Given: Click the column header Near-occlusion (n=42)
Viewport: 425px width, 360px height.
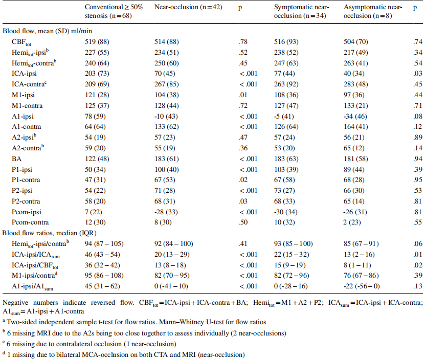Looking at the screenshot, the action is tap(188, 7).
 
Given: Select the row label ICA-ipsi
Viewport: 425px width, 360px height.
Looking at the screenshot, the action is tap(24, 74).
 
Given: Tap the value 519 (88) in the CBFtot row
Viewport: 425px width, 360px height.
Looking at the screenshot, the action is tap(97, 42).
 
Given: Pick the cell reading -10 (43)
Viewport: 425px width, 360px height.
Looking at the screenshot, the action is tap(166, 116).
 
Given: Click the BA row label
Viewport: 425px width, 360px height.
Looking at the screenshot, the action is tap(16, 159).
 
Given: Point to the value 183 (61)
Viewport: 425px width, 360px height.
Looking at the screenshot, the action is tap(166, 159).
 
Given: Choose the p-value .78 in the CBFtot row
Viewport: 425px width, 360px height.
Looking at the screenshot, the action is tap(243, 42).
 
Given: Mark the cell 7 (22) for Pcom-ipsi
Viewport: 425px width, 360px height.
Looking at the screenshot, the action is tap(94, 212).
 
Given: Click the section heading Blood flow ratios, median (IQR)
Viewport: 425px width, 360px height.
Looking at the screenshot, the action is tap(49, 233).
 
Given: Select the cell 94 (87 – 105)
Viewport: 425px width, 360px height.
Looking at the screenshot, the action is tap(104, 244).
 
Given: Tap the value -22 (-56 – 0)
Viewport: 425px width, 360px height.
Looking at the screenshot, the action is tap(362, 286).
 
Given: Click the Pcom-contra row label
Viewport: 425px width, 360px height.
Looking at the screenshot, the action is tap(30, 222).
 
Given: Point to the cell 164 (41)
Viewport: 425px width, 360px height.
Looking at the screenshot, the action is tap(355, 127).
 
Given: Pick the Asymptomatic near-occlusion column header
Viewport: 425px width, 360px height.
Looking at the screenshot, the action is tap(373, 11).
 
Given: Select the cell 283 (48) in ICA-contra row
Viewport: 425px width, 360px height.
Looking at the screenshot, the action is tap(355, 84).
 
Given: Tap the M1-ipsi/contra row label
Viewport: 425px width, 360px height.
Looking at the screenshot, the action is tap(34, 276).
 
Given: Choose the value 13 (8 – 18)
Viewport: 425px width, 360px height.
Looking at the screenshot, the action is tap(170, 265).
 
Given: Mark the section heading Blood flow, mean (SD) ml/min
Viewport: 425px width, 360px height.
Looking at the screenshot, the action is tap(47, 31).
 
